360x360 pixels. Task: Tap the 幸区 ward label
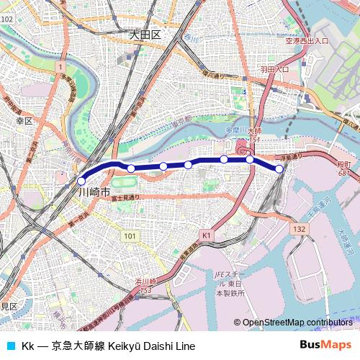(x=24, y=121)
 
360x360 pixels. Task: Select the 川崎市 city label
(x=94, y=192)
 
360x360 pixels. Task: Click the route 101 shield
(x=129, y=235)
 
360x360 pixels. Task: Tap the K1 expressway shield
(x=207, y=235)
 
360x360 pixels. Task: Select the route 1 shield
(x=56, y=66)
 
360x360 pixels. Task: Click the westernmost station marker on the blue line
(x=81, y=181)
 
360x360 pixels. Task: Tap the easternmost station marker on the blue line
(x=279, y=168)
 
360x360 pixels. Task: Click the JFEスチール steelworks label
(x=229, y=283)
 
